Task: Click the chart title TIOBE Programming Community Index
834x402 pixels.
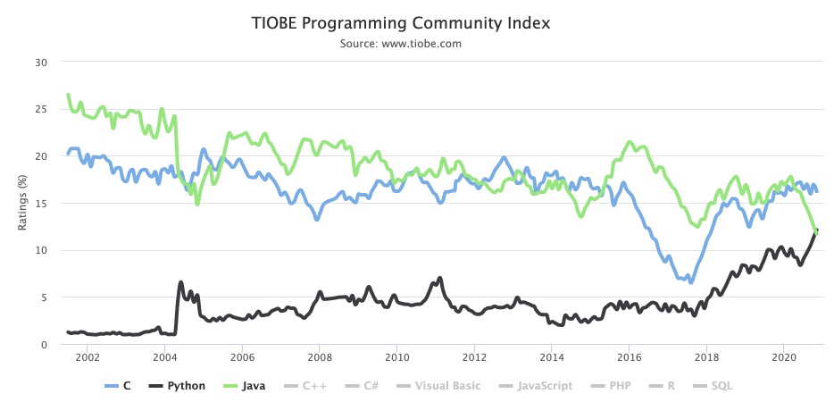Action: (401, 23)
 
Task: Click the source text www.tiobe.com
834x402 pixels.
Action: (401, 43)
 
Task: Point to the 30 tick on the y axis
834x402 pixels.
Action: (40, 62)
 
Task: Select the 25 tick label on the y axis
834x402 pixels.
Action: (40, 109)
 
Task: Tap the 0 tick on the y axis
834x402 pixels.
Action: (43, 344)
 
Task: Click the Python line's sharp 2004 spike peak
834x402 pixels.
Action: (181, 282)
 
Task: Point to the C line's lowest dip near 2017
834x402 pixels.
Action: (690, 282)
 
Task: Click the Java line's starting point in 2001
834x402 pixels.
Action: (68, 94)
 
